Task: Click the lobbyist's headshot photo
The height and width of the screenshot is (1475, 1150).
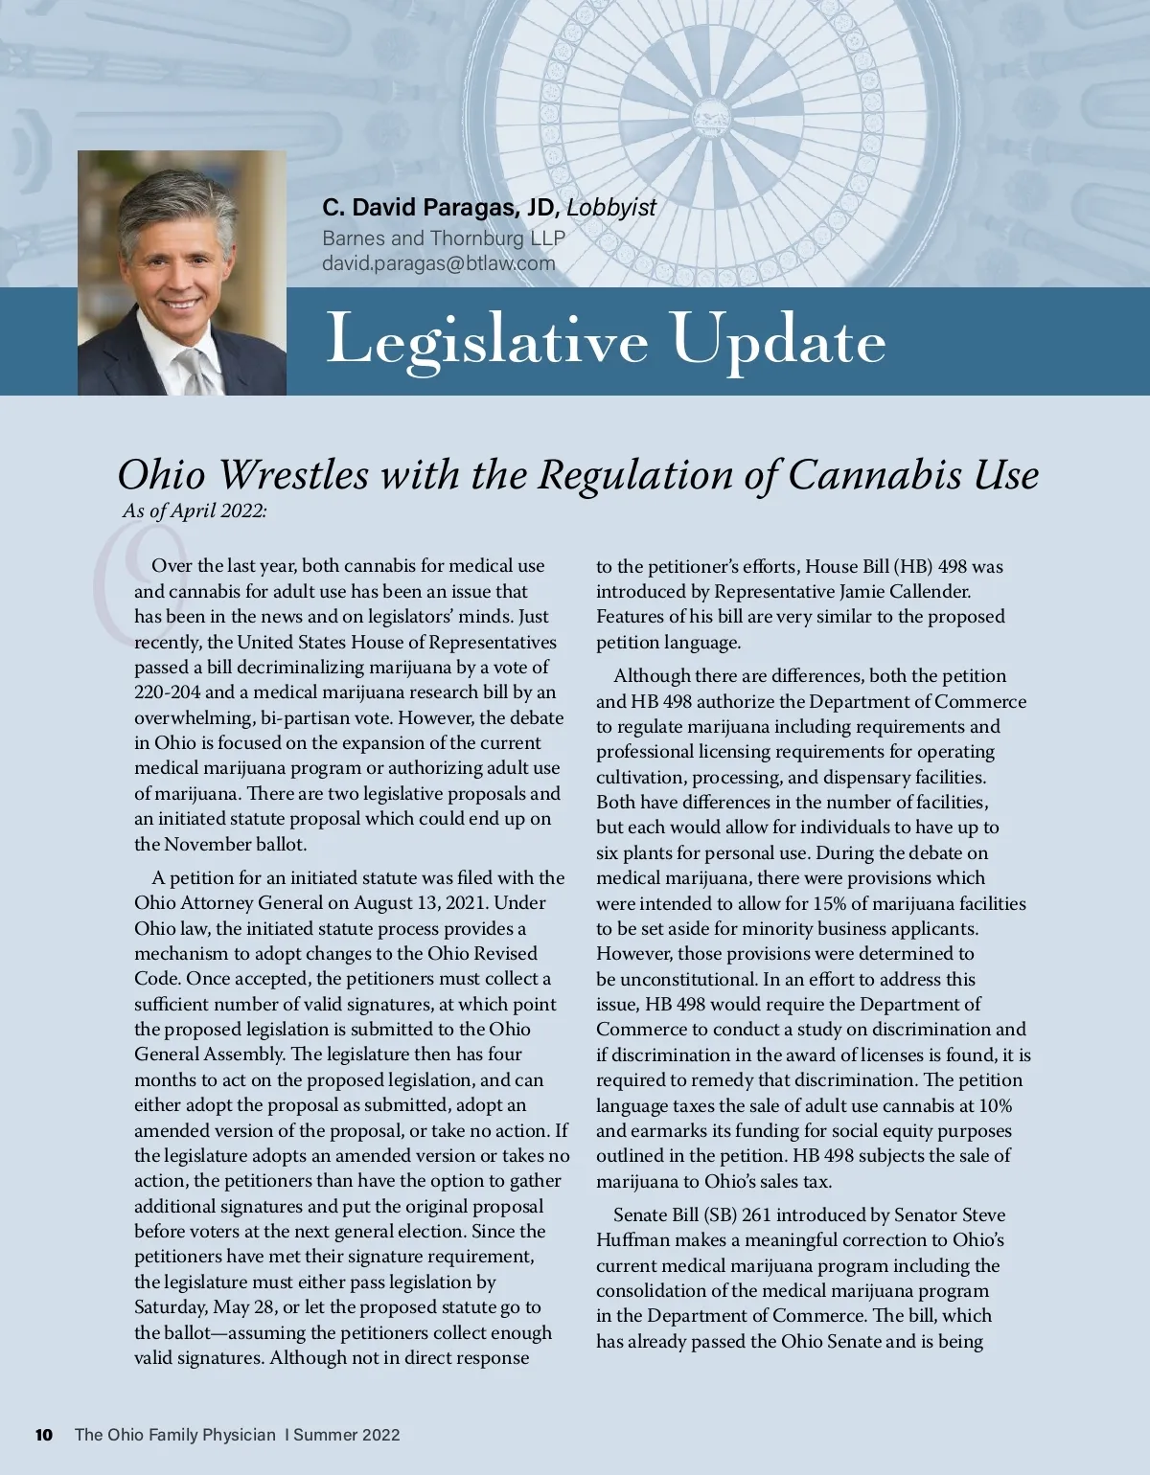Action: coord(182,273)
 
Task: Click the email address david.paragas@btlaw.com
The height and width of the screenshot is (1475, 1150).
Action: coord(439,263)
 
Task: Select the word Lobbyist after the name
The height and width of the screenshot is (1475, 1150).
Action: coord(611,208)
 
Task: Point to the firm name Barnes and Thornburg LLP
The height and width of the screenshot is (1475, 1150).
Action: coord(444,238)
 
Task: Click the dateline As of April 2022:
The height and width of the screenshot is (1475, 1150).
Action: coord(195,511)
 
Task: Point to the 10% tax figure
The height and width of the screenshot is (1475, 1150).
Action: coord(994,1106)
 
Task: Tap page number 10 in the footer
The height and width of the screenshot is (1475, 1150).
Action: coord(44,1435)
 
